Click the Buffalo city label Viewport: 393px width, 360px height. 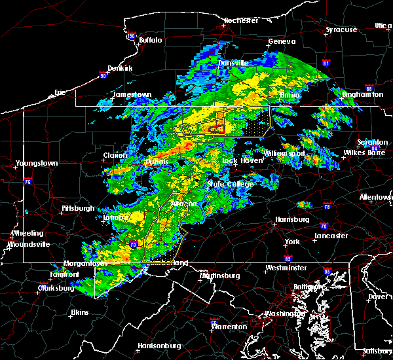pos(150,41)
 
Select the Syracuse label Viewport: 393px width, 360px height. pos(342,29)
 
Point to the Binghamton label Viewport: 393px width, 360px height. pos(362,95)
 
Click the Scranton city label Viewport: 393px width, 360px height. pos(373,143)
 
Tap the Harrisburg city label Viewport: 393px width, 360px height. pos(292,219)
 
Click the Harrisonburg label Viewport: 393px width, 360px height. pos(158,346)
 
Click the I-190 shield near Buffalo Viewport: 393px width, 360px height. pos(131,36)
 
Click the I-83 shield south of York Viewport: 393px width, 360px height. pos(288,260)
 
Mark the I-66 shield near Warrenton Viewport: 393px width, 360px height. pos(214,321)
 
